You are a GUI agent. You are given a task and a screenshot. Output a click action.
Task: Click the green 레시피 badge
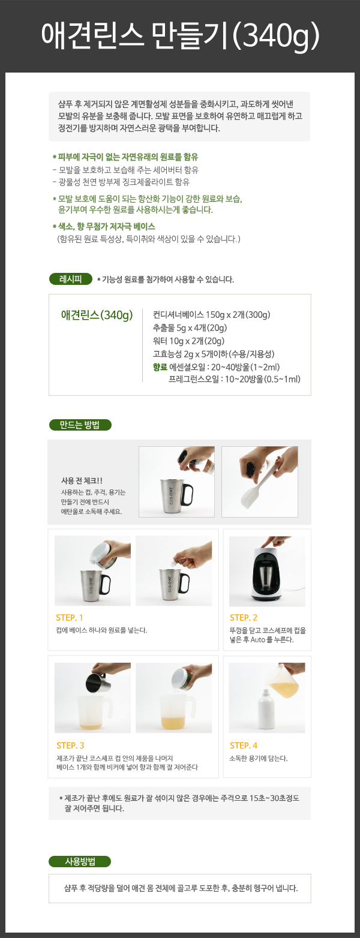pyautogui.click(x=70, y=279)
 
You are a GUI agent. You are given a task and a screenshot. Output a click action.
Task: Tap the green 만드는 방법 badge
pyautogui.click(x=80, y=425)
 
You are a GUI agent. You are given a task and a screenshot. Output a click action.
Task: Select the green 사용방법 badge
pyautogui.click(x=80, y=861)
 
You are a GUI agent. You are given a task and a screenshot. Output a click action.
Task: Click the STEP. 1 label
pyautogui.click(x=70, y=618)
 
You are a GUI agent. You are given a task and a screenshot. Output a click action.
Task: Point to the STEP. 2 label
pyautogui.click(x=244, y=618)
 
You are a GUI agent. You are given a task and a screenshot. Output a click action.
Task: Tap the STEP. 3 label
pyautogui.click(x=70, y=745)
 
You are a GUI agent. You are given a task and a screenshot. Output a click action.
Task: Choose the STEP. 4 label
pyautogui.click(x=244, y=745)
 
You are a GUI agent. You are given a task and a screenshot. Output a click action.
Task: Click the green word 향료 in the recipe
pyautogui.click(x=160, y=367)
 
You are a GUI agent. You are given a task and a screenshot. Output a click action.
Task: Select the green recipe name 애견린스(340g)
pyautogui.click(x=97, y=315)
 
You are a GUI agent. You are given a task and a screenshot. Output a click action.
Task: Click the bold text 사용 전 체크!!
pyautogui.click(x=82, y=481)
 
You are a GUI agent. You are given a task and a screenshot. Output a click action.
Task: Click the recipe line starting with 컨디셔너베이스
pyautogui.click(x=212, y=315)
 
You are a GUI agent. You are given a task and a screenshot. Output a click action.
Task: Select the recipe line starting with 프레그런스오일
pyautogui.click(x=235, y=380)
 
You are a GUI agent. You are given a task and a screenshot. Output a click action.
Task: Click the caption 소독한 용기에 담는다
pyautogui.click(x=259, y=758)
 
